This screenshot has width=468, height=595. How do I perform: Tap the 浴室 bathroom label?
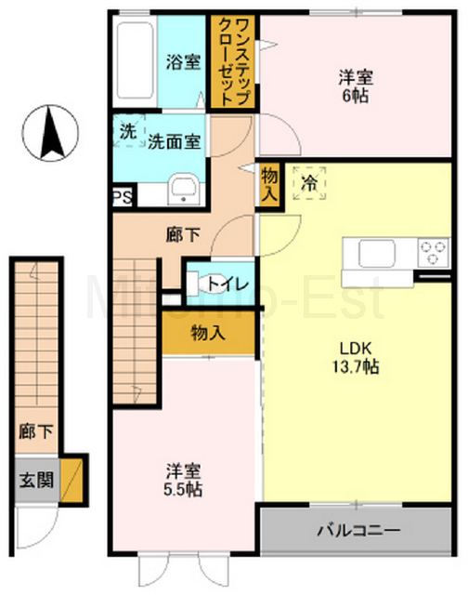coord(183,62)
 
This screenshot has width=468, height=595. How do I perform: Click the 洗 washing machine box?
coord(126,131)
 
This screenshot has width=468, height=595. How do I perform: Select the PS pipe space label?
coord(122,197)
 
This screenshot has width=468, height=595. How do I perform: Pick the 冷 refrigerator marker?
coord(309,183)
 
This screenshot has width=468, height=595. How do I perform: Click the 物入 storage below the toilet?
coord(208,333)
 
